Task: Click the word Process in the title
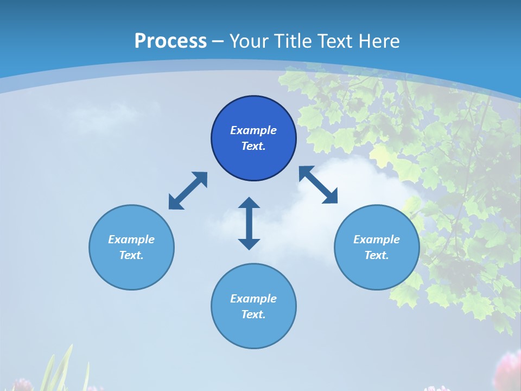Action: click(170, 41)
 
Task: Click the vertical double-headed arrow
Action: click(249, 223)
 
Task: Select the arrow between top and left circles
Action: click(188, 191)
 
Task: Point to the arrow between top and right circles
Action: click(319, 185)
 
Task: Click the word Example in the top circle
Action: click(253, 130)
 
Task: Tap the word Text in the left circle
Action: click(131, 255)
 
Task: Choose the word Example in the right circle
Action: click(377, 239)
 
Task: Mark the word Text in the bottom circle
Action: click(253, 314)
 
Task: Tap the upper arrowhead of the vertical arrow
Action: click(249, 204)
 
